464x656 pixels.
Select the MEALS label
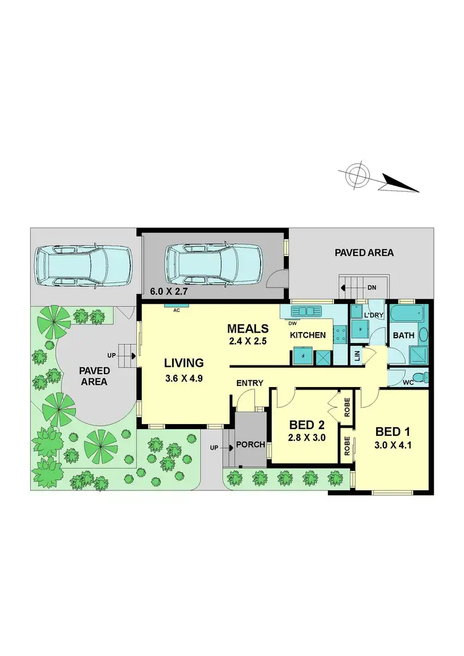click(x=247, y=328)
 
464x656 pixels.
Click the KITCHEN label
click(x=308, y=335)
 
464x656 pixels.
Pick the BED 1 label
click(x=390, y=431)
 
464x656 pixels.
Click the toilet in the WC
click(x=418, y=377)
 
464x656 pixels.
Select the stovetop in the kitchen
click(x=340, y=334)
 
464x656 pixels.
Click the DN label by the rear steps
click(x=371, y=287)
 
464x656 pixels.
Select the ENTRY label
click(x=250, y=383)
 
